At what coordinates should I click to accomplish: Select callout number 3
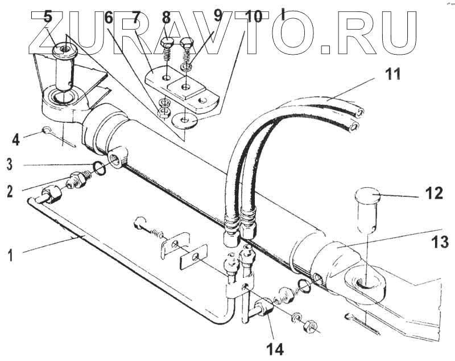tap(10, 165)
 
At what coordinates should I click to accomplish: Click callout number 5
tap(48, 17)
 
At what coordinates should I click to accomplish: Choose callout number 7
tap(135, 17)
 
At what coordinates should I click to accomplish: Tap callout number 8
tap(166, 17)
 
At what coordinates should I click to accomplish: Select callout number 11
tap(392, 73)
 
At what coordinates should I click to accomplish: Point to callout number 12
tap(434, 194)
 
